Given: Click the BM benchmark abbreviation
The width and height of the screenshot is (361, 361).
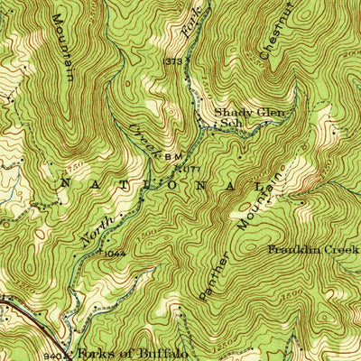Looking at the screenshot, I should tap(174, 156).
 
